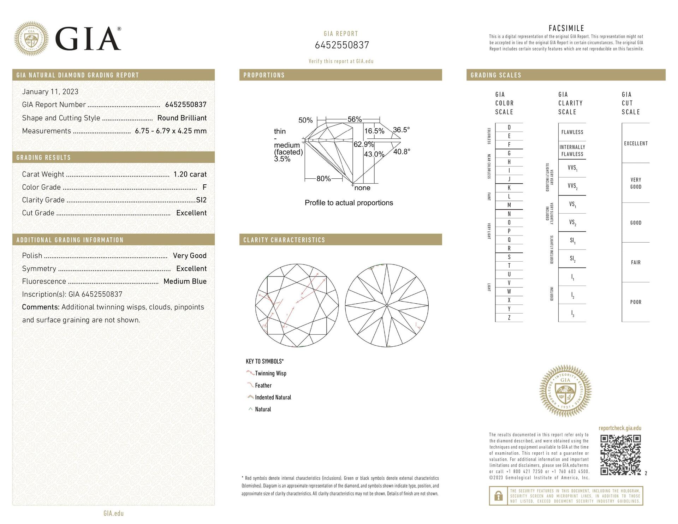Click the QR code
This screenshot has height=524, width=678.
point(620,455)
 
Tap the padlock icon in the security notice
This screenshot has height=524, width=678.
point(498,496)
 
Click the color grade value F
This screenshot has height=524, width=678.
point(204,187)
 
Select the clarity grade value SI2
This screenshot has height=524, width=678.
point(201,200)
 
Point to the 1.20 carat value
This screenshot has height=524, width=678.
point(190,174)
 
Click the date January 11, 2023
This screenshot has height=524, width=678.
point(50,92)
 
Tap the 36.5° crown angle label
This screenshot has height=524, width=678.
point(401,130)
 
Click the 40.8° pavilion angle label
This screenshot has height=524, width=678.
point(402,151)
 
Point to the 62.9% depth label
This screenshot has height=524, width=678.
point(363,144)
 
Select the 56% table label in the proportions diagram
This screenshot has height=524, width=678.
point(355,119)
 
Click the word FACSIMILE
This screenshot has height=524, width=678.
point(566,28)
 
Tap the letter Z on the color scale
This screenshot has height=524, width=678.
point(509,318)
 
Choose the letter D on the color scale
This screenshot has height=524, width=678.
point(509,127)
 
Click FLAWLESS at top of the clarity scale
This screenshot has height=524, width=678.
point(572,132)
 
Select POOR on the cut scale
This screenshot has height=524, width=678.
point(636,302)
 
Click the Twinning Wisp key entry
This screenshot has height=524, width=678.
point(270,374)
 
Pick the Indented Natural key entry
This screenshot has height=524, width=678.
point(273,398)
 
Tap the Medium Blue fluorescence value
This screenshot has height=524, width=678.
point(185,281)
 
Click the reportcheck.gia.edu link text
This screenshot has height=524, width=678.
point(620,428)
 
